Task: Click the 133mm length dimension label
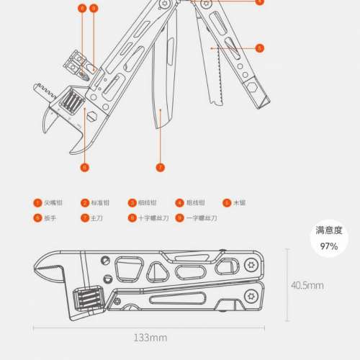150,336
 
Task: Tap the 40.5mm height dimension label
307,285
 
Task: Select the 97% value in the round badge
328,246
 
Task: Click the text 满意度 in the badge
328,231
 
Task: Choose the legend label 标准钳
102,203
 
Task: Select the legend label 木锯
240,203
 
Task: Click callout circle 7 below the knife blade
161,167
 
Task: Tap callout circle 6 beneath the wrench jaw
84,167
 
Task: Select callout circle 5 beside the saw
259,49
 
